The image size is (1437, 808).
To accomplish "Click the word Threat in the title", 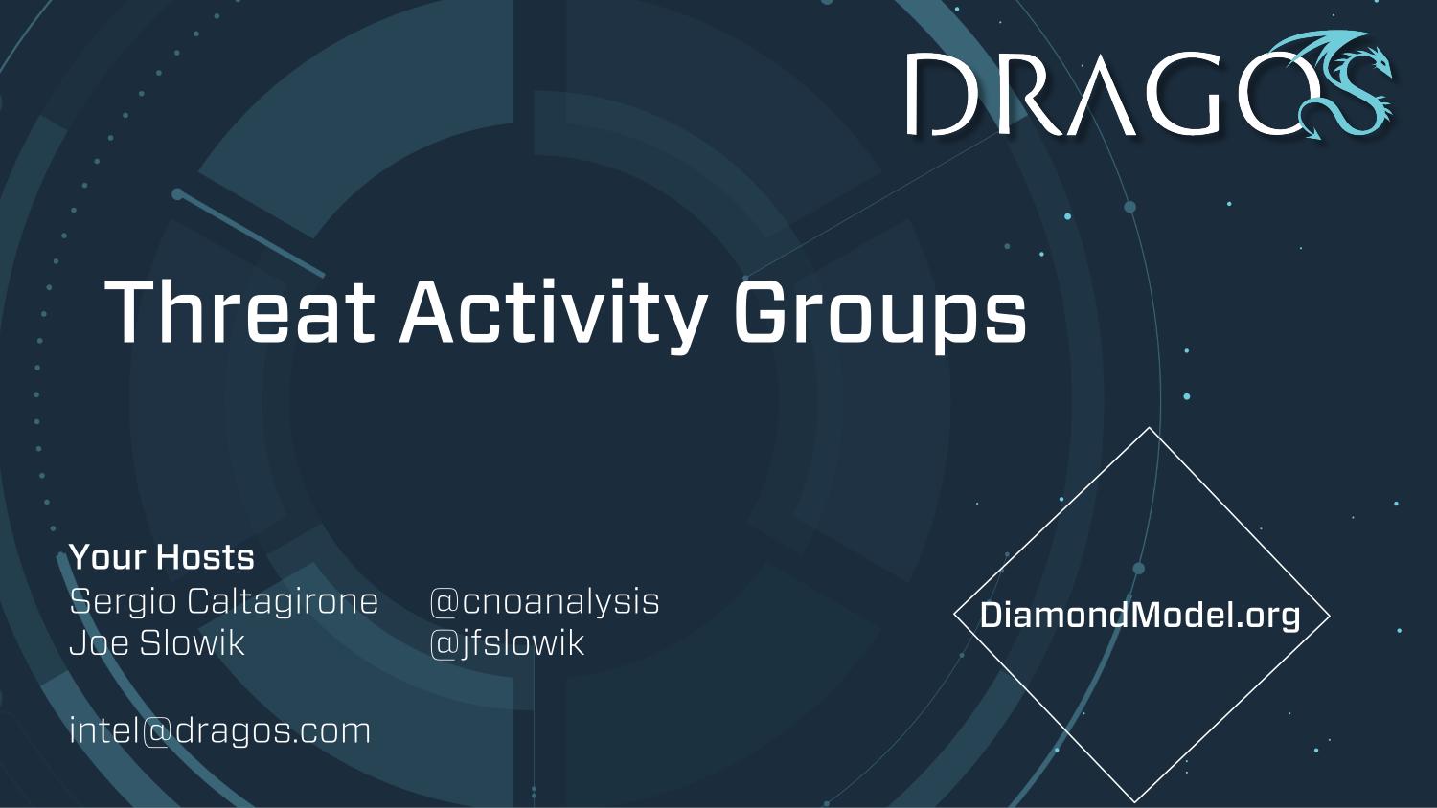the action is coord(239,311).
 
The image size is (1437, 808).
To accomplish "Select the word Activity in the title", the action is coord(554,316).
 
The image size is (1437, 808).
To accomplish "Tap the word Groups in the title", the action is coord(880,316).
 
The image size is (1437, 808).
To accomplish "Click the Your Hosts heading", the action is coord(162,556).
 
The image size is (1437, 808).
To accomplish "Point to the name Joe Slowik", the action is coord(157,642).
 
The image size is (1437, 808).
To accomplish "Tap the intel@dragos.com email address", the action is coord(220,731).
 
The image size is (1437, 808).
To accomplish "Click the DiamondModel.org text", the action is coord(1140,616).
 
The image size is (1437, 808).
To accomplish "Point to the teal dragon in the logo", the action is coord(1344,83).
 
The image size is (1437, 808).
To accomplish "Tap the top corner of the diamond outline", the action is coord(1149,428).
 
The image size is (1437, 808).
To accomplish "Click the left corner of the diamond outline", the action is coord(954,615).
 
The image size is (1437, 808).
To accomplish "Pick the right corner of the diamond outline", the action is coord(1330,615).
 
